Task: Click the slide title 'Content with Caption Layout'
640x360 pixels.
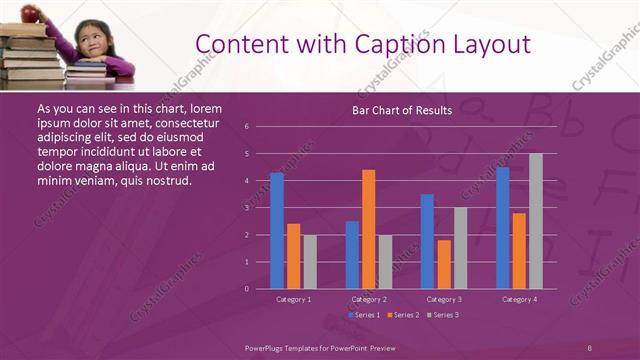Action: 362,44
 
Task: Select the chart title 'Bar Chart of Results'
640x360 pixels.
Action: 402,110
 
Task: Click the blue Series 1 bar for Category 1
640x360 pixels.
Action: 277,231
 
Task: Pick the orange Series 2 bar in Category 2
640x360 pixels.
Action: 369,229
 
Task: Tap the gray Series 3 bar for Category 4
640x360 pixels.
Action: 536,221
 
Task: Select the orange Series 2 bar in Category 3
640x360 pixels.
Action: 444,264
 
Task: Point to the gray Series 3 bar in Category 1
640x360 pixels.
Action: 310,262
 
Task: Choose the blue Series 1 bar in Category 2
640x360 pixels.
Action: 352,255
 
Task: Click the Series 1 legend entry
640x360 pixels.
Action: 364,315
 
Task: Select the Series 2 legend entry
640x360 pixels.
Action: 402,315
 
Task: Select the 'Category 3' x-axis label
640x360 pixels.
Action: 443,299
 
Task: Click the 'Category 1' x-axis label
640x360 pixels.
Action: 293,299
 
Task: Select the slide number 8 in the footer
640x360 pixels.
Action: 589,347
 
